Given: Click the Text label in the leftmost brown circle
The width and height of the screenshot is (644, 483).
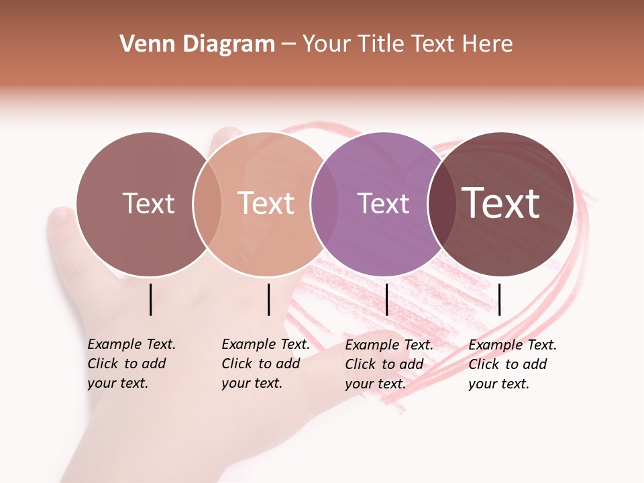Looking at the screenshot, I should tap(148, 203).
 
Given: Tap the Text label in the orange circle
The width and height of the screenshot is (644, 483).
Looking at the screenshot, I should tap(266, 203).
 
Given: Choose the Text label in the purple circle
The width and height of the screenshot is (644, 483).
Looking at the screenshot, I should tap(384, 203).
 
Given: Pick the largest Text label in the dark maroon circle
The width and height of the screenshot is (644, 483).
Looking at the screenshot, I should tap(501, 203).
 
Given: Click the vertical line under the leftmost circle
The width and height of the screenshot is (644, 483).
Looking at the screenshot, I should tap(151, 299).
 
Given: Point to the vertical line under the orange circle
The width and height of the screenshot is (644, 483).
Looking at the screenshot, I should tap(268, 299).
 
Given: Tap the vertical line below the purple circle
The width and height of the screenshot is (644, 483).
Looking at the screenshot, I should tap(387, 299).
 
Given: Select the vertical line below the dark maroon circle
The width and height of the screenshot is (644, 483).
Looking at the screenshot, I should tap(500, 299).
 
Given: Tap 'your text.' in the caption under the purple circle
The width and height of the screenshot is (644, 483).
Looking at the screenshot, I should tap(376, 384).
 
